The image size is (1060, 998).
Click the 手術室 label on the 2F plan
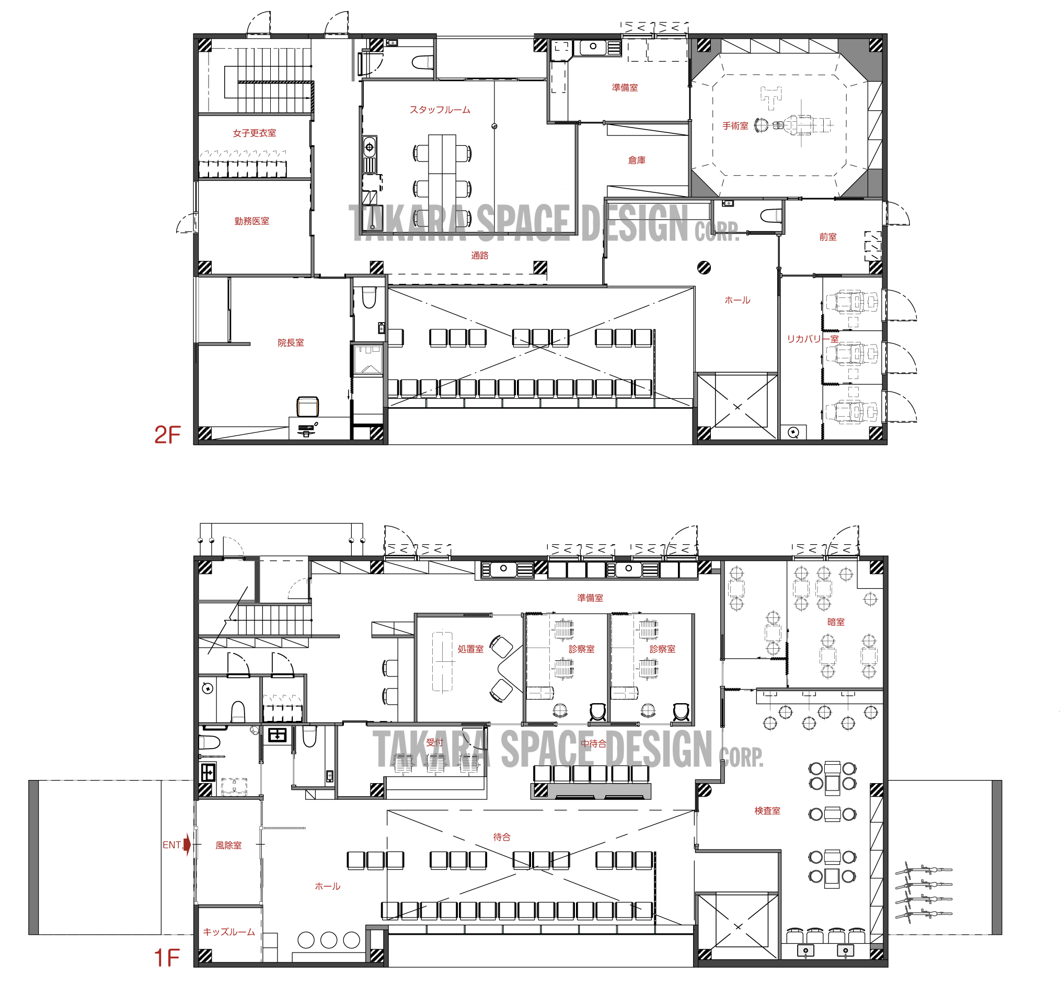[735, 126]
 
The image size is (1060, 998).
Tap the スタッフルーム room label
[440, 110]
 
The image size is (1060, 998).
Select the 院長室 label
[291, 342]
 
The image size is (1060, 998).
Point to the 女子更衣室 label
[255, 133]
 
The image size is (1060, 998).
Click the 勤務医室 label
[251, 221]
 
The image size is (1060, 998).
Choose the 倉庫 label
[637, 160]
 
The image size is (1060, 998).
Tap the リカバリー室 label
[813, 339]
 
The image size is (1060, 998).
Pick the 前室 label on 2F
[827, 237]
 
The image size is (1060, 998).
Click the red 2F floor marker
[167, 435]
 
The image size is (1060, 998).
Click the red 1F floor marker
[167, 957]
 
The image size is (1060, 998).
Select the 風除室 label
[228, 845]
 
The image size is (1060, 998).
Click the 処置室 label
[470, 649]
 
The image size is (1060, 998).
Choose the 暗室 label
[836, 622]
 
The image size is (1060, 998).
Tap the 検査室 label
[767, 811]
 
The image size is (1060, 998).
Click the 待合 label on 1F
[501, 837]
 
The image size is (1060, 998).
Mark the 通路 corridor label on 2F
[479, 256]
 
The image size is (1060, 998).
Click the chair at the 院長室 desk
[308, 406]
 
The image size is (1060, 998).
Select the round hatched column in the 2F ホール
[704, 267]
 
